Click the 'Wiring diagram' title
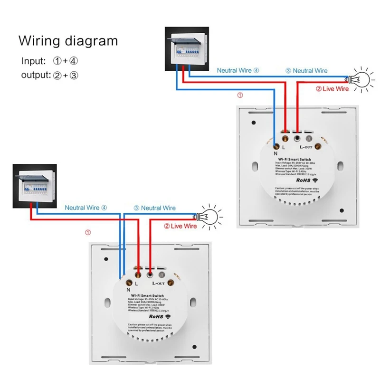tap(68, 41)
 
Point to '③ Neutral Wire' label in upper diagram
tap(306, 70)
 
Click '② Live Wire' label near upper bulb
tap(332, 89)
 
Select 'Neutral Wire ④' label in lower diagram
tap(86, 208)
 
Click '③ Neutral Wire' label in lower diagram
tap(154, 208)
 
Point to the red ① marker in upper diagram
tap(239, 95)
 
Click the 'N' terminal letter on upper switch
tap(275, 153)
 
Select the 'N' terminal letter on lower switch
tap(129, 289)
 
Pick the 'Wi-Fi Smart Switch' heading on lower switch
tap(147, 295)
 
